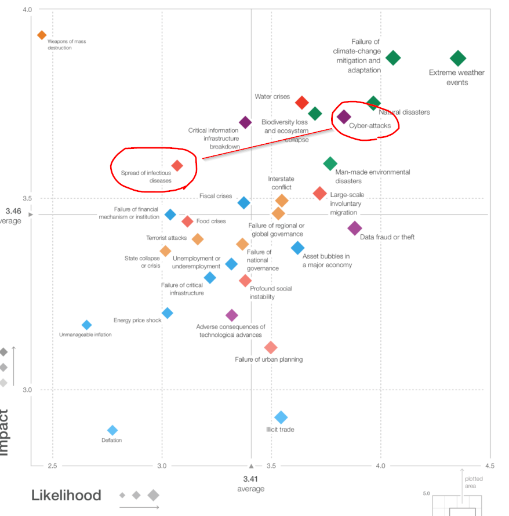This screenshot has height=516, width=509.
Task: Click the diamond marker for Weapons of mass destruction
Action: pos(42,35)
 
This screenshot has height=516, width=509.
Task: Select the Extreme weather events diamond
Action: pos(458,58)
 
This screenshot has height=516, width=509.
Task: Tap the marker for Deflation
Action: pos(112,430)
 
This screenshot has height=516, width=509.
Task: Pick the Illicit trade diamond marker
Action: pos(281,417)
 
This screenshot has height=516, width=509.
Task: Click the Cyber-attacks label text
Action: pos(370,126)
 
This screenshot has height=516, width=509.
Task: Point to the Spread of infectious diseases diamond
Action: pos(177,166)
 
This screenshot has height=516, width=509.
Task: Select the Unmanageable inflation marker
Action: pos(86,325)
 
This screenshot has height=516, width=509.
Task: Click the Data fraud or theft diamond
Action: pos(355,228)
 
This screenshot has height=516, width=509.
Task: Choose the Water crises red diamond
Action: pos(301,103)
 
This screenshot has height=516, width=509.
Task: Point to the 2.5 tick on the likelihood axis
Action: pos(53,466)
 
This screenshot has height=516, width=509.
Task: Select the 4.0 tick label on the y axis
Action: pos(27,10)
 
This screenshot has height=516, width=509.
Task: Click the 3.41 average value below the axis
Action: pos(251,479)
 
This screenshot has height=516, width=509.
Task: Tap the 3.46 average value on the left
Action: pos(13,211)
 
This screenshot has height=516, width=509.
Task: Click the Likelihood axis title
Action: pos(66,496)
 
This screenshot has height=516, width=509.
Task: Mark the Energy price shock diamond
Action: pos(167,313)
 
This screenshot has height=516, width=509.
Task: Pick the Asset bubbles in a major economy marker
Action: pos(297,248)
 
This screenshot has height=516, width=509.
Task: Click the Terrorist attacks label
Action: pos(166,238)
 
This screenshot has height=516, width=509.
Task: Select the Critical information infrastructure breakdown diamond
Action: pos(245,122)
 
